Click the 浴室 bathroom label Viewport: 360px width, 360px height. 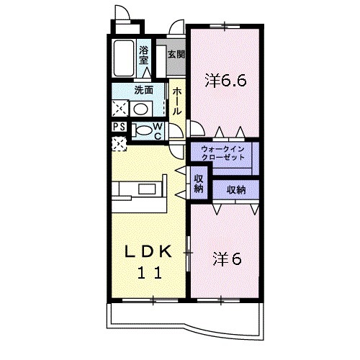click(x=143, y=55)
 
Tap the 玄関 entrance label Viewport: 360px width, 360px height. click(x=176, y=55)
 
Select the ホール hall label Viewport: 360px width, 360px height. click(x=177, y=101)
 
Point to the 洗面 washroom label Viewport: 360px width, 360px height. click(x=143, y=90)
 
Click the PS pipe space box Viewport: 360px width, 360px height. click(x=120, y=127)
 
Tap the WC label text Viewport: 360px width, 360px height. click(x=158, y=131)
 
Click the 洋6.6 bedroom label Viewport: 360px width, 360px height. click(x=225, y=81)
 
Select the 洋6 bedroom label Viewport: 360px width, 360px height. click(x=227, y=259)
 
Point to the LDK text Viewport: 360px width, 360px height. click(x=148, y=252)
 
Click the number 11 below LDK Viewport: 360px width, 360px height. click(x=149, y=273)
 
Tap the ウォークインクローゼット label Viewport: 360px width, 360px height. click(x=223, y=153)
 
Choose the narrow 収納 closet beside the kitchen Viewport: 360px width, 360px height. click(x=199, y=183)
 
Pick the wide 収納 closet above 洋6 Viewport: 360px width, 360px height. click(x=236, y=190)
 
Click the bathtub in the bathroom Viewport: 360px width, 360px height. click(x=124, y=58)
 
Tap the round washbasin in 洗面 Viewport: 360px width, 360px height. click(x=140, y=109)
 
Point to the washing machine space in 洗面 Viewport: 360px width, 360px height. click(x=120, y=109)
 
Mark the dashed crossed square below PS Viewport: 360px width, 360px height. click(x=120, y=144)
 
